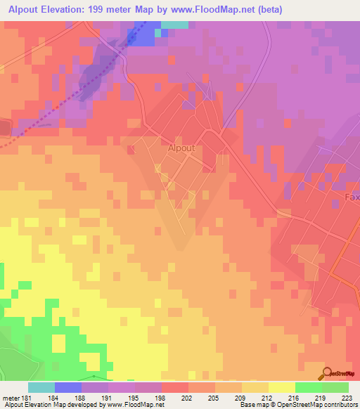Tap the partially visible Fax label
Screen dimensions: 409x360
[352, 198]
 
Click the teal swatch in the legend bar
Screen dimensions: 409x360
[41, 388]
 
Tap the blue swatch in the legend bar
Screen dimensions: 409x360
[67, 388]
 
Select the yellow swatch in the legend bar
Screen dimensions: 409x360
[281, 388]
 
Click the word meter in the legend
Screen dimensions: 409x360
[10, 398]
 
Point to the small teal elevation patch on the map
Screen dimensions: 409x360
[174, 25]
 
